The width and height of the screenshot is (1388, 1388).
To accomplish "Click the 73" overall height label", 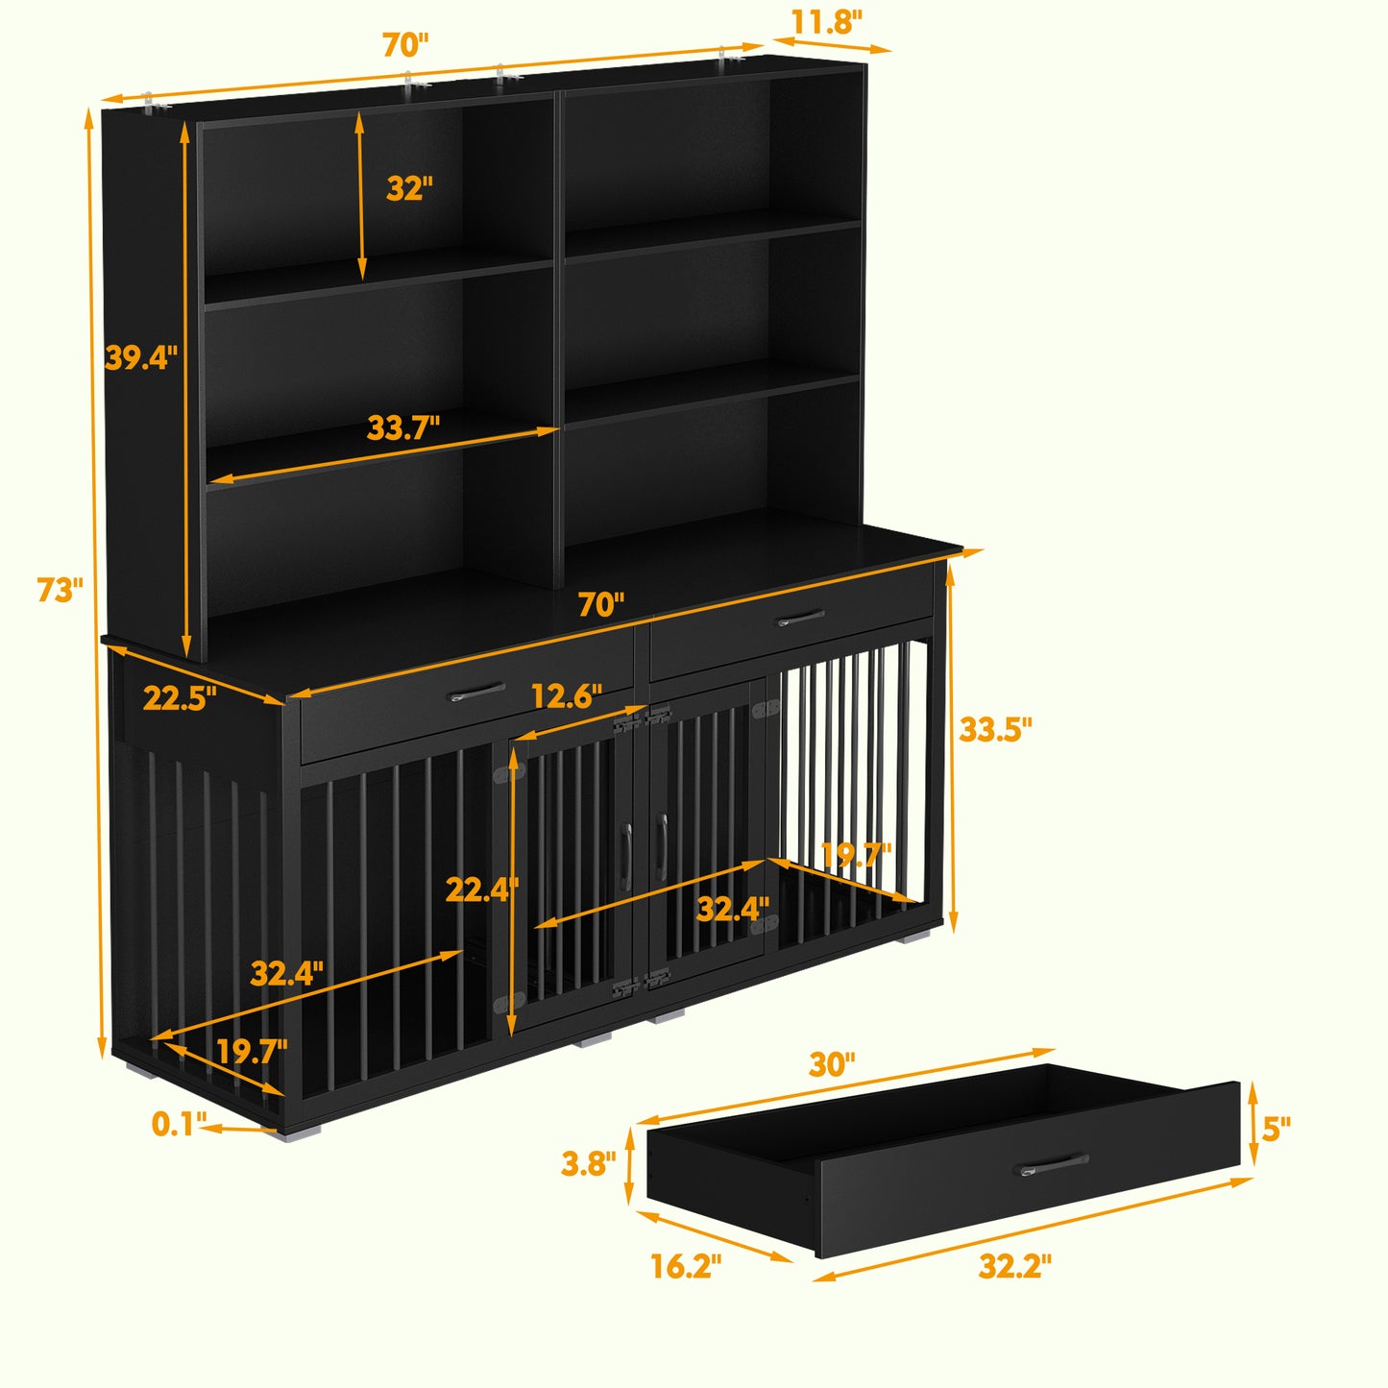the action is [61, 590].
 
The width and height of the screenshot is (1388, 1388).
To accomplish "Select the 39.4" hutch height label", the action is [140, 357].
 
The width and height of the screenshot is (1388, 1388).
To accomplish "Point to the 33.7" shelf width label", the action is [402, 427].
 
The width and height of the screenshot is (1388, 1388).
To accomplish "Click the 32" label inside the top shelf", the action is [409, 188].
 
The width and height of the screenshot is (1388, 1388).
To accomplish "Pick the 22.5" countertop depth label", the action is [180, 698].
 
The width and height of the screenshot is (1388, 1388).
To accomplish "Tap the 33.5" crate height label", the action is [995, 729].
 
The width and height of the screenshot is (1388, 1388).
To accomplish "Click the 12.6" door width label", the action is [566, 695].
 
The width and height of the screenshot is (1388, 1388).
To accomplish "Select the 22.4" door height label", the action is [482, 889].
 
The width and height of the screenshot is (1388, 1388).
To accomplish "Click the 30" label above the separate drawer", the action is [832, 1064].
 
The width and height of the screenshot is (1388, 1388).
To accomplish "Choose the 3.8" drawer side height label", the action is [589, 1163].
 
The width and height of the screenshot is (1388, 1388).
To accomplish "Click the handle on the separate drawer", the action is [1055, 1164].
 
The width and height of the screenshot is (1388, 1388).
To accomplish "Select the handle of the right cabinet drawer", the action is [801, 618].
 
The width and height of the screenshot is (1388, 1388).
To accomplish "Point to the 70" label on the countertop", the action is [600, 605].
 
